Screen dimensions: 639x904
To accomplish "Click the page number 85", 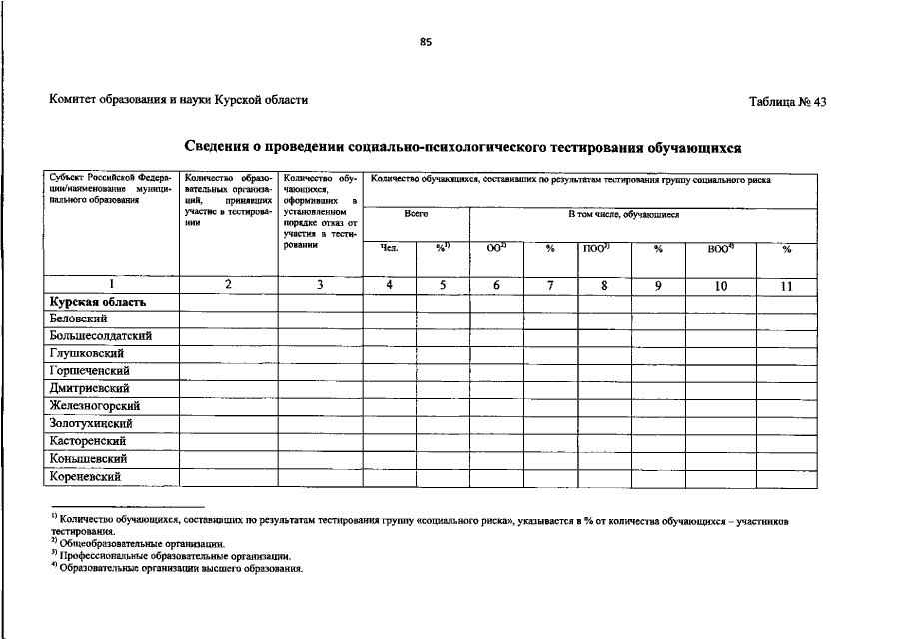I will [426, 42].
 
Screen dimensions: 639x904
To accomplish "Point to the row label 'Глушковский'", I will [86, 353].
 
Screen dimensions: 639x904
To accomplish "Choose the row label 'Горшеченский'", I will [90, 371].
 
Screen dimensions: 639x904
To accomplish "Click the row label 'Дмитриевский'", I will [89, 388].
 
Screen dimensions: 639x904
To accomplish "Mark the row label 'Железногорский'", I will [94, 406].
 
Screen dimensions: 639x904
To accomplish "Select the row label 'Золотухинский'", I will [91, 423].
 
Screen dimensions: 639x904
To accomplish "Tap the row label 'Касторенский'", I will [87, 440].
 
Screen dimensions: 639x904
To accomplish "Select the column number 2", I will [228, 285].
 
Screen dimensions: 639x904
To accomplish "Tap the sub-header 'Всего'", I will [416, 214].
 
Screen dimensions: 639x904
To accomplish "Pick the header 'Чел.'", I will [389, 248].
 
